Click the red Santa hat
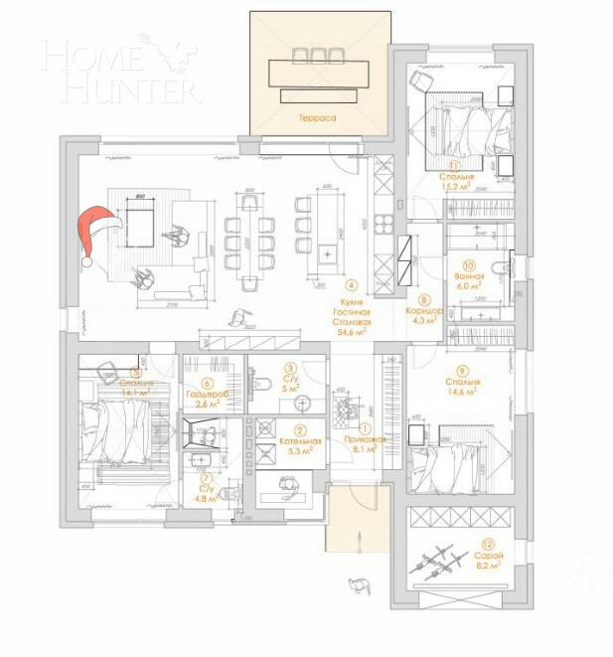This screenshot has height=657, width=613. point(97,233)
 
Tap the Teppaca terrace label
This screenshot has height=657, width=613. point(316,118)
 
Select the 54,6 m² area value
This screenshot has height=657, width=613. point(352,333)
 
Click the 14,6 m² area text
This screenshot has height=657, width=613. point(463,392)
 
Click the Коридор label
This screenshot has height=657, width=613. point(424,310)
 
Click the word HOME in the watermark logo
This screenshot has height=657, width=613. point(99,57)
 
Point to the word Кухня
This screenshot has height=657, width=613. point(352,301)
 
